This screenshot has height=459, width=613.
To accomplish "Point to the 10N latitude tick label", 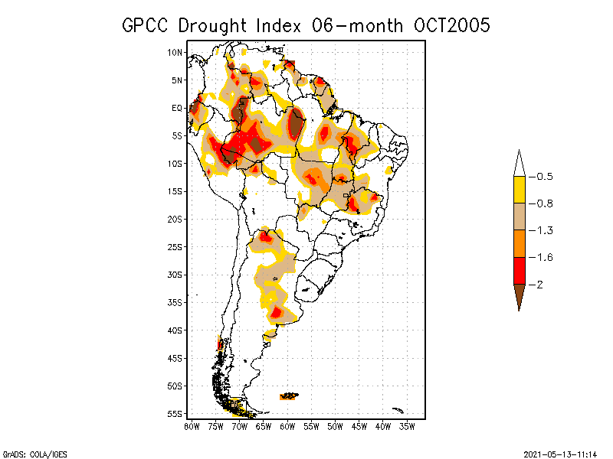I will click(x=175, y=53).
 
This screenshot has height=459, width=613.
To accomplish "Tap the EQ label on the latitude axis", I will click(x=176, y=108).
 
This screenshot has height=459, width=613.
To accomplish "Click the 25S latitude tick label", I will click(x=175, y=247).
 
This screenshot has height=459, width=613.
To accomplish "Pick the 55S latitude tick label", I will click(x=175, y=414).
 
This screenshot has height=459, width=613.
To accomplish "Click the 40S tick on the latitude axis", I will click(x=175, y=330).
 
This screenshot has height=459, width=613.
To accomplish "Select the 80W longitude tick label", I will click(x=192, y=426).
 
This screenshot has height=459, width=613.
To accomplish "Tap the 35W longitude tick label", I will click(x=408, y=426).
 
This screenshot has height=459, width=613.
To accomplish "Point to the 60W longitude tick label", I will click(x=287, y=426).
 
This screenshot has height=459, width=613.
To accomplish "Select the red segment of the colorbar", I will click(x=519, y=271).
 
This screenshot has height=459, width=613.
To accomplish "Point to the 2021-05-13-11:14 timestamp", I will click(x=561, y=452).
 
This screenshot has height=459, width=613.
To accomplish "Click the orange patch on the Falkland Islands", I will click(x=289, y=396).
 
